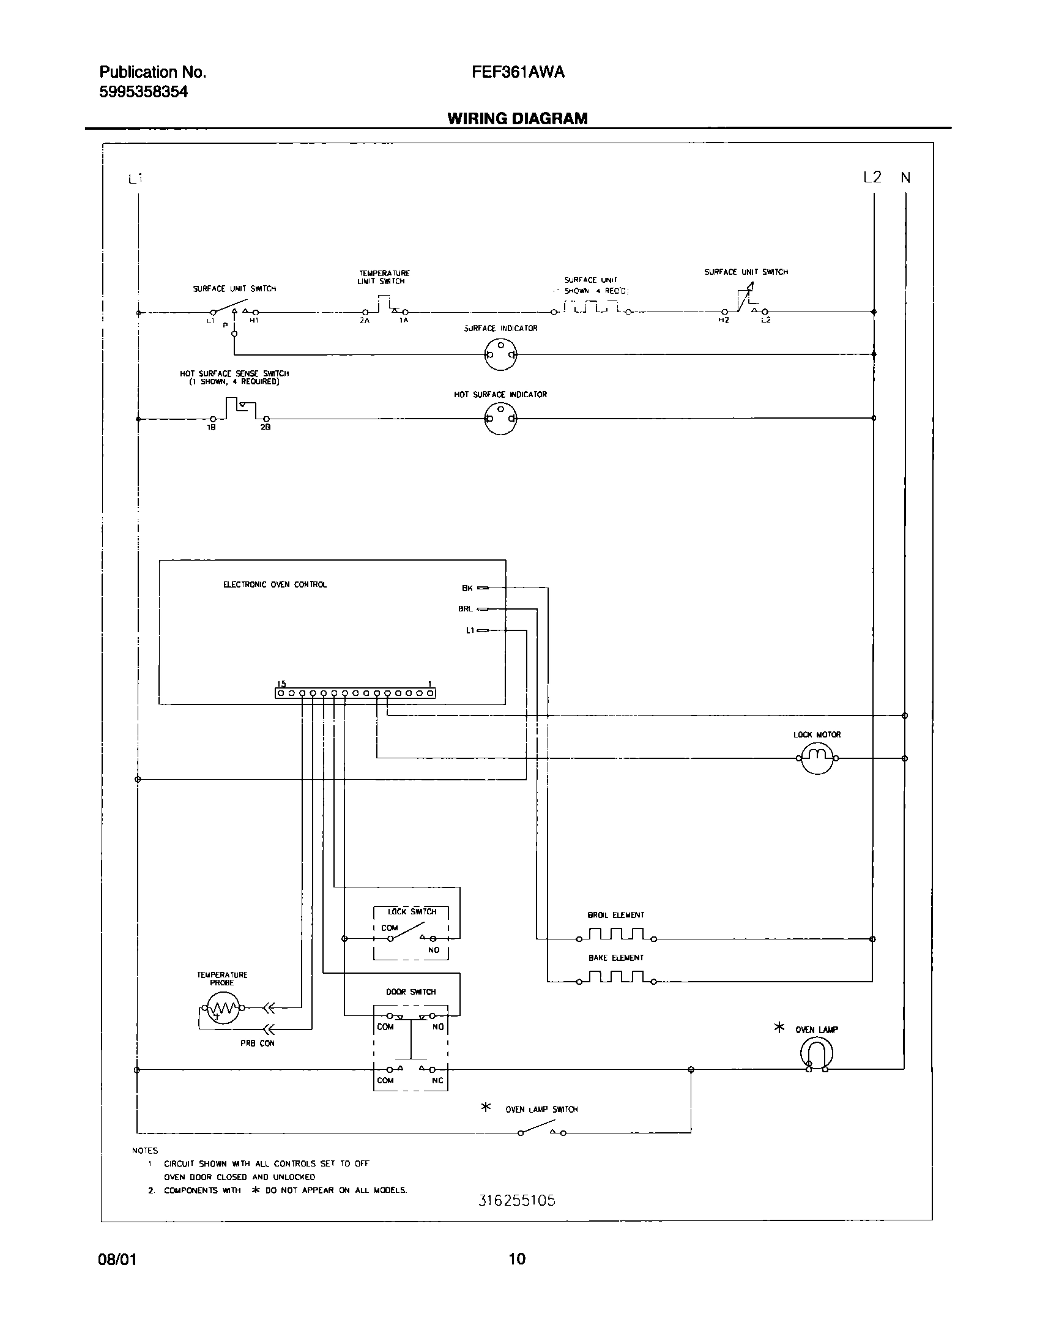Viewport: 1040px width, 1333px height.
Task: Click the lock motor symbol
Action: (x=817, y=758)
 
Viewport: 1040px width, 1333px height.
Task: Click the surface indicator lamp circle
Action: (x=500, y=354)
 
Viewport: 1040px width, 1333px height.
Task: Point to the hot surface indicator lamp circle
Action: (x=500, y=419)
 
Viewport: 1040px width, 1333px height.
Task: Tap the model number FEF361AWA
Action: (x=518, y=72)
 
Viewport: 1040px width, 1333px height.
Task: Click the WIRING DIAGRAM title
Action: (x=518, y=119)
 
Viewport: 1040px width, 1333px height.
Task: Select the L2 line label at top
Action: (x=872, y=177)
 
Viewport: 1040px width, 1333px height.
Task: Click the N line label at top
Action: (x=905, y=178)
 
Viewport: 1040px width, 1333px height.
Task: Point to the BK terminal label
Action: (x=467, y=588)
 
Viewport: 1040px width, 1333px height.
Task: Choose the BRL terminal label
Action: (x=465, y=609)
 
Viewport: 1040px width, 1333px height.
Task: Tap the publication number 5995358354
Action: (x=144, y=92)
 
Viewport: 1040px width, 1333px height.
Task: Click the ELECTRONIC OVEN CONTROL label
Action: (x=275, y=584)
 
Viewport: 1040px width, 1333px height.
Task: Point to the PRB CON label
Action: (x=257, y=1044)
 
